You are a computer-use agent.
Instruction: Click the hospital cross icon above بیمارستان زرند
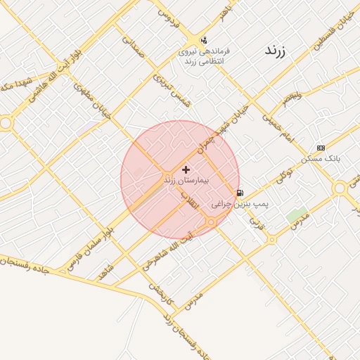186,169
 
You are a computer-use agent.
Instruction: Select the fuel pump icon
240,193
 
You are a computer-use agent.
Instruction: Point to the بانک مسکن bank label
320,159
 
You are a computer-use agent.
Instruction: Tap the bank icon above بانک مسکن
321,148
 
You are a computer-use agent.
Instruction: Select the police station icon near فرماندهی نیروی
204,39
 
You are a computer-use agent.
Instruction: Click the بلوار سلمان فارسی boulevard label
89,243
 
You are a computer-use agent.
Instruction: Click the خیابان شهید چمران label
222,129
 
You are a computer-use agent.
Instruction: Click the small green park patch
297,215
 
